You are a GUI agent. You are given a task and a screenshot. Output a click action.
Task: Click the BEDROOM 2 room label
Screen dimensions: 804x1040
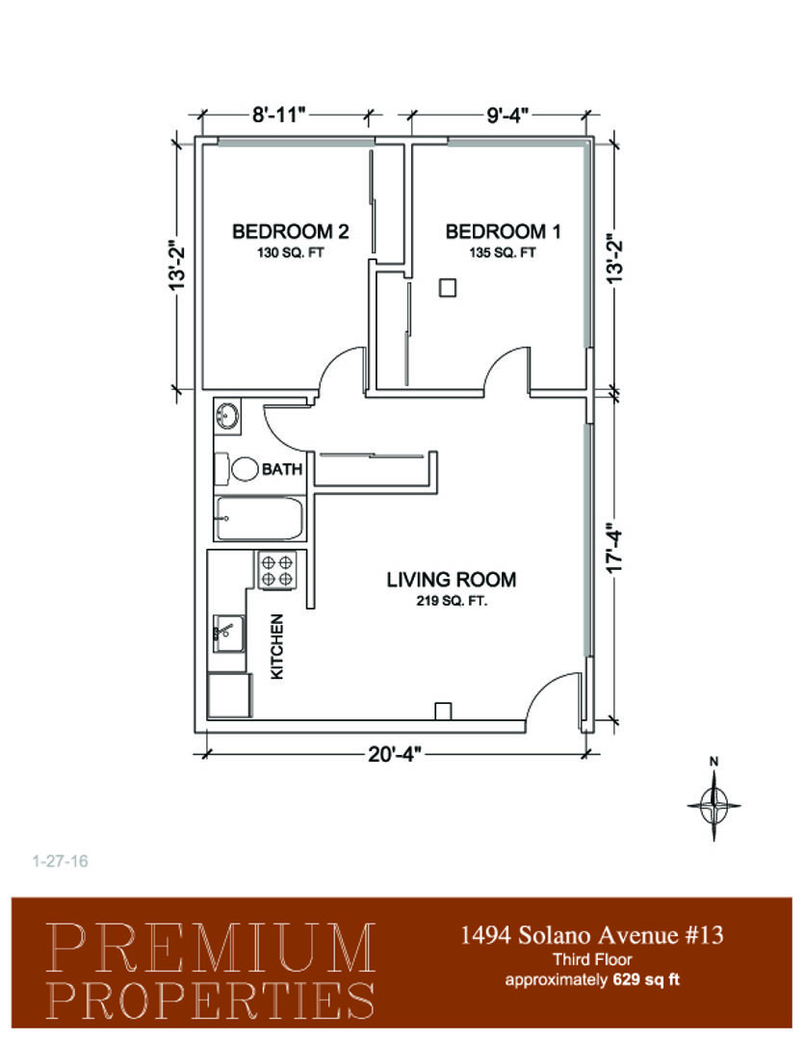click(x=290, y=231)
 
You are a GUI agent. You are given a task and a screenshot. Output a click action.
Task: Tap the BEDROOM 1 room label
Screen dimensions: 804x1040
click(x=503, y=231)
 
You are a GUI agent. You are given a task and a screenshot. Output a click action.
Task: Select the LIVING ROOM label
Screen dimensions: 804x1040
click(x=451, y=580)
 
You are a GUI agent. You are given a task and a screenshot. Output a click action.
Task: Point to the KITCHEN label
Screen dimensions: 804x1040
click(x=277, y=646)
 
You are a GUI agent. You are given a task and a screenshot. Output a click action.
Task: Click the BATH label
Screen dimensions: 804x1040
click(x=282, y=470)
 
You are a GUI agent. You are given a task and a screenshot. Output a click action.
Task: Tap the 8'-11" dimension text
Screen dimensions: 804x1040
click(x=278, y=115)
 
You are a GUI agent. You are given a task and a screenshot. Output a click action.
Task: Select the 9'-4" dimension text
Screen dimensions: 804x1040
click(x=507, y=115)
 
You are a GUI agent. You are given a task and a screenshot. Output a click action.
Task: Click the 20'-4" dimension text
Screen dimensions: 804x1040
click(x=396, y=754)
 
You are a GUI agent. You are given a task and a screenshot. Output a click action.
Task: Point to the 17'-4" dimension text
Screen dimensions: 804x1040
click(x=615, y=551)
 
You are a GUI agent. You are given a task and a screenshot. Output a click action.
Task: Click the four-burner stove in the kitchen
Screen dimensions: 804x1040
click(x=277, y=571)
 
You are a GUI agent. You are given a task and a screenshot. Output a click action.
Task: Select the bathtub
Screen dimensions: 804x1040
click(x=259, y=519)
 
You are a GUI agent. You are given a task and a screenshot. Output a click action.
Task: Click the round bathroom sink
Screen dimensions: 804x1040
click(x=227, y=417)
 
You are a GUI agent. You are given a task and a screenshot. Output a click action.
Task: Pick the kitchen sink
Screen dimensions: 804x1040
click(x=228, y=634)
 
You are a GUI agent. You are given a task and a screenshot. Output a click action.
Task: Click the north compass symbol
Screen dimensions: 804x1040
click(x=713, y=804)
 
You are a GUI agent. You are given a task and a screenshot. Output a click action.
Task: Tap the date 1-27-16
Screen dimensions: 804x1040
click(x=61, y=861)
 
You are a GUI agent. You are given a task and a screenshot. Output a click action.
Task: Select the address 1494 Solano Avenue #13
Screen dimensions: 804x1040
click(x=592, y=935)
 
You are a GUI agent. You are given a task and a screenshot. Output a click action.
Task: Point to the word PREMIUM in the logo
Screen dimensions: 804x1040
click(x=211, y=948)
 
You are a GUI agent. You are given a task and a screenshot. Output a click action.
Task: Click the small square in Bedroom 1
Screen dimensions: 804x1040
click(x=448, y=288)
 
